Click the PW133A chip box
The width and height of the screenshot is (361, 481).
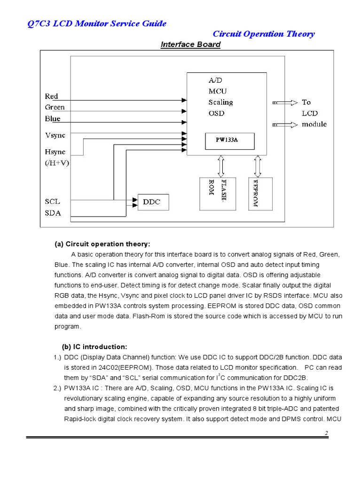coord(230,140)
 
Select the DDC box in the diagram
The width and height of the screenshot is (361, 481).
coord(152,202)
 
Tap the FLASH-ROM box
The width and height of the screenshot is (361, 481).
coord(219,194)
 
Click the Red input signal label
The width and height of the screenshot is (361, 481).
coord(51,96)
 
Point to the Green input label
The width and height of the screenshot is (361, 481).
coord(55,108)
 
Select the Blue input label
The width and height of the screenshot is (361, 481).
coord(53,119)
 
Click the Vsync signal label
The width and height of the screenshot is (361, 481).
coord(55,135)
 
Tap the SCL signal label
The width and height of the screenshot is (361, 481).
coord(52,202)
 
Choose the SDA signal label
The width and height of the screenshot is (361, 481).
coord(53,213)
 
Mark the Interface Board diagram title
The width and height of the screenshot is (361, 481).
coord(190,45)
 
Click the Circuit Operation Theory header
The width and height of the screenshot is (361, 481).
coord(264,34)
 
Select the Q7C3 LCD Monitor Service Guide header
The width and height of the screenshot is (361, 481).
coord(96,23)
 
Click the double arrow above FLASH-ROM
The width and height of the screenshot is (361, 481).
coord(221,166)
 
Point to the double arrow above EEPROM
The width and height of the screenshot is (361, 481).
coord(258,166)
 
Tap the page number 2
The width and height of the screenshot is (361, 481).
coord(326,432)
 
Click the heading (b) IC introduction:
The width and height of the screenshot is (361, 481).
coord(94,347)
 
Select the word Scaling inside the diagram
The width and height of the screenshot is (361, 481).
coord(220,102)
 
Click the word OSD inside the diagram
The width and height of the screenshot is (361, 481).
coord(216,113)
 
